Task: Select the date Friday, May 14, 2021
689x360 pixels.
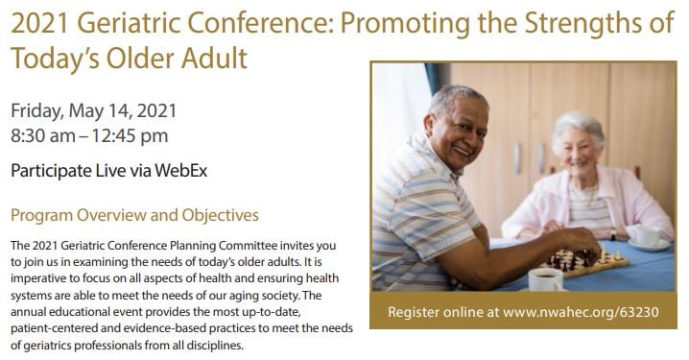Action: click(94, 110)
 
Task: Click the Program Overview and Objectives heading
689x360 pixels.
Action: click(134, 215)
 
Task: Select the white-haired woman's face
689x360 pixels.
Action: click(579, 149)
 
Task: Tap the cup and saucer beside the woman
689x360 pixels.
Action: click(646, 236)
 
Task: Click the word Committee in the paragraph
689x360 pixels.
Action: click(252, 246)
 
